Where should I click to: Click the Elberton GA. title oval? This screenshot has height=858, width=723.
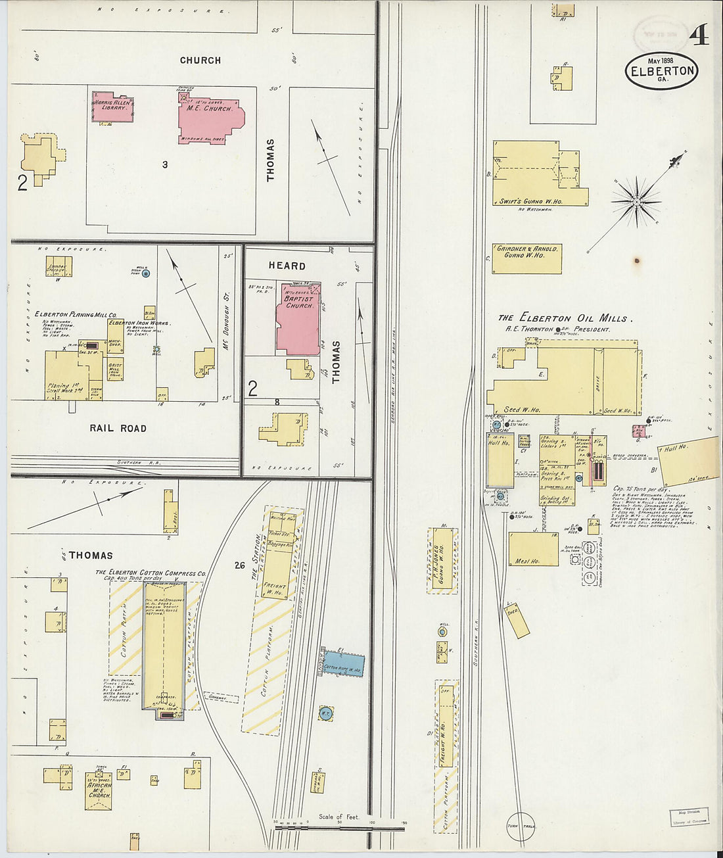[661, 71]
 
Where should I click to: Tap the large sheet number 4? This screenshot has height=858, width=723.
[699, 34]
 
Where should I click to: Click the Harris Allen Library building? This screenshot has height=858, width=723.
[113, 107]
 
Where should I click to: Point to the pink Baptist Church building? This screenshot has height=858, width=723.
[298, 319]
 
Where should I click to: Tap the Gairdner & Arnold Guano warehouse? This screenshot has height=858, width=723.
[527, 258]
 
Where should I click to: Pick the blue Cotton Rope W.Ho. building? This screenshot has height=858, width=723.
[343, 664]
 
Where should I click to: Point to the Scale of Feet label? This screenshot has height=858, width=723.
[338, 817]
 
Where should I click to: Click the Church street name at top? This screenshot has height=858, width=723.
[200, 60]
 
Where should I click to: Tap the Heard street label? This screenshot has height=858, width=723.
[287, 266]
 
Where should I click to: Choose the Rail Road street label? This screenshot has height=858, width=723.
[118, 428]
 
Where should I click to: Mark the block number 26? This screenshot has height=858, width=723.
[239, 565]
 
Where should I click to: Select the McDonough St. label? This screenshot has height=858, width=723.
[225, 316]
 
